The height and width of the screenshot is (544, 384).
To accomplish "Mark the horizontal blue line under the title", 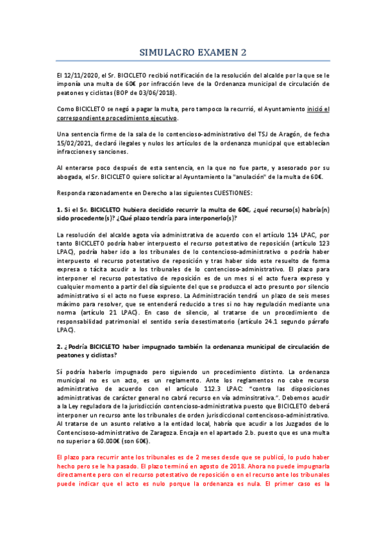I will coord(192,61).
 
